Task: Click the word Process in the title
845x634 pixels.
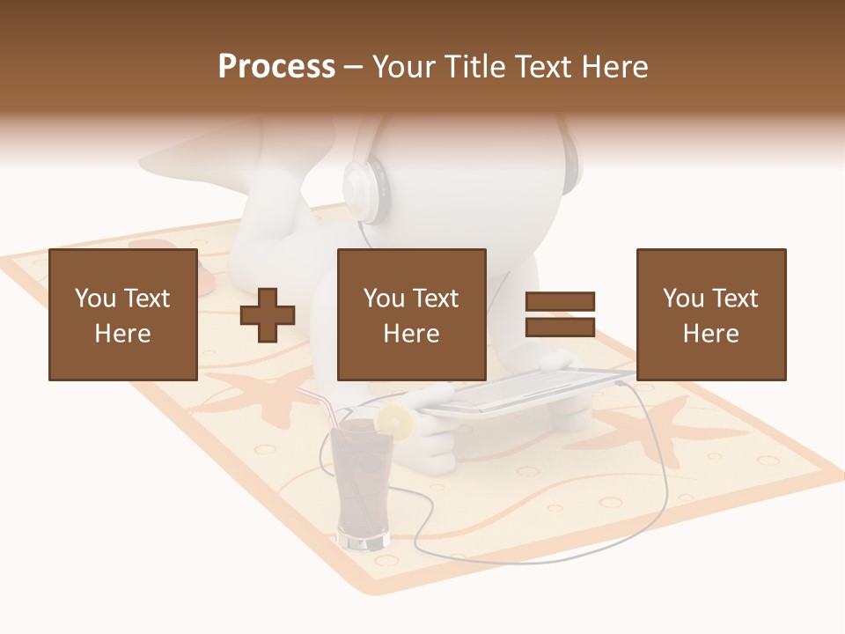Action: click(x=276, y=67)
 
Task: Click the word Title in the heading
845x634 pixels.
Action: click(x=472, y=67)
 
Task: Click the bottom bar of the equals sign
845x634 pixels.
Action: click(x=560, y=328)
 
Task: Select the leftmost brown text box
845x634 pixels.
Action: click(x=122, y=314)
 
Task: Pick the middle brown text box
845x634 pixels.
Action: click(x=411, y=314)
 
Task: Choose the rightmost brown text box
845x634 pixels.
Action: click(x=710, y=314)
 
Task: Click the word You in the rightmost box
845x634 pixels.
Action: click(x=682, y=299)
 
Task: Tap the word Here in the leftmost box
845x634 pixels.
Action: click(x=122, y=333)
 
